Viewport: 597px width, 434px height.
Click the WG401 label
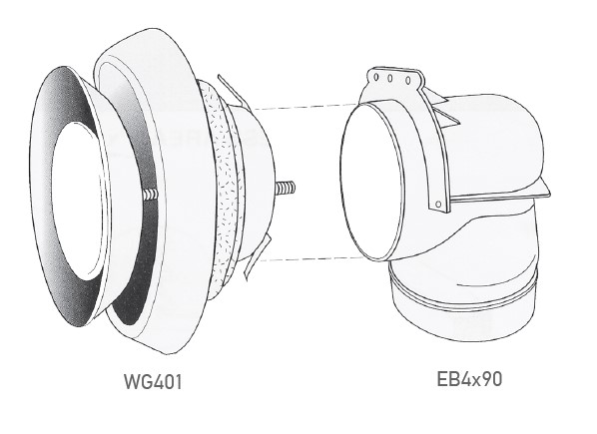point(153,381)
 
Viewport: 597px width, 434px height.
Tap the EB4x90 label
point(469,379)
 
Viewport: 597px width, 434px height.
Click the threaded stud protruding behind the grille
point(286,188)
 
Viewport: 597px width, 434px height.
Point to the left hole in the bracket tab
point(376,77)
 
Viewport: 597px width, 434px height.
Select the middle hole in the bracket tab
point(390,79)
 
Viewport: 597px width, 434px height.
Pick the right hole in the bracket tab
point(408,81)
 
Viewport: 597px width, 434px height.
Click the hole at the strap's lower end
point(438,205)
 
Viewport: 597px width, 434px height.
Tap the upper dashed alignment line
point(305,106)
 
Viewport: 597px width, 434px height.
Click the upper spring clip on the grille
point(232,91)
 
